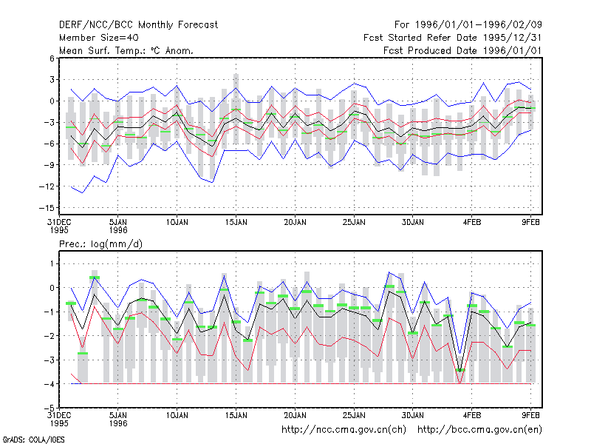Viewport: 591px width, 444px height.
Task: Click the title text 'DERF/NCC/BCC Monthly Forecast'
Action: click(x=138, y=25)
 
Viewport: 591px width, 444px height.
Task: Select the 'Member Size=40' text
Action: click(x=99, y=38)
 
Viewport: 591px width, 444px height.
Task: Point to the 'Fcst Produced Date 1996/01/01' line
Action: click(x=462, y=50)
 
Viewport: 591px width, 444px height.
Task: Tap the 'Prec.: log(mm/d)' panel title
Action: click(x=100, y=244)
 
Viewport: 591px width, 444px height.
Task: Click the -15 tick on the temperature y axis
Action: click(x=47, y=208)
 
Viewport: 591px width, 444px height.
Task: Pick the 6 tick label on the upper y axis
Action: click(x=52, y=58)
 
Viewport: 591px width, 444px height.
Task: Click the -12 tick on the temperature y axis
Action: click(x=47, y=186)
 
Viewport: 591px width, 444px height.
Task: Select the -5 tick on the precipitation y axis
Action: click(x=49, y=408)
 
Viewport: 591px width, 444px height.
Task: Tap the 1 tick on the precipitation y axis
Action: click(x=52, y=263)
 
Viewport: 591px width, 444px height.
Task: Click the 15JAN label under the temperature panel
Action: click(x=236, y=223)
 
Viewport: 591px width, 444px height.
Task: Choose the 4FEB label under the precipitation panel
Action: click(x=472, y=415)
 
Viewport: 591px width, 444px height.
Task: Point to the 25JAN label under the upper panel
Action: click(x=354, y=223)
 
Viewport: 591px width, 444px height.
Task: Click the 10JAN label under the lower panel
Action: click(x=177, y=415)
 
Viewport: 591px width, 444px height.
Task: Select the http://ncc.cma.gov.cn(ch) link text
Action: click(x=344, y=430)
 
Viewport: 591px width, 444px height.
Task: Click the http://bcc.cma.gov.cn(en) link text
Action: click(x=479, y=430)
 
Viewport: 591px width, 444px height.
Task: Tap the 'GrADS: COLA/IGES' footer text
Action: click(x=34, y=440)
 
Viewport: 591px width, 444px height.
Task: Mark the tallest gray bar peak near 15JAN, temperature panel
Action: click(x=236, y=75)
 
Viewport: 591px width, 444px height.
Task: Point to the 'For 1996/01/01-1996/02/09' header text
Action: click(x=468, y=25)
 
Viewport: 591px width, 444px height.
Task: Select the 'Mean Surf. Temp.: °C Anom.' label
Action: click(x=126, y=50)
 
